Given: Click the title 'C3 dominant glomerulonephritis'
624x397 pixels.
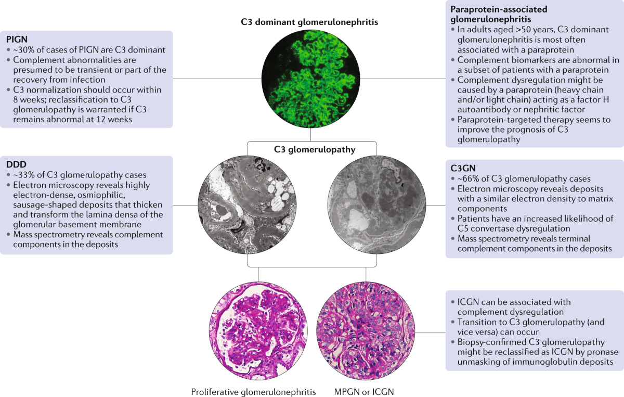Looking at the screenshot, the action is [312, 22].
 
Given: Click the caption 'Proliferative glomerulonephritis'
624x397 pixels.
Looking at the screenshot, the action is [253, 391].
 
